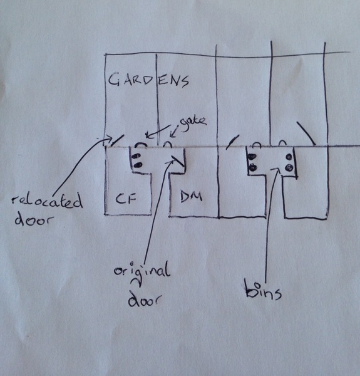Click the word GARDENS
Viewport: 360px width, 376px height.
(x=148, y=80)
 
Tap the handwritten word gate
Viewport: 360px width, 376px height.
(x=193, y=121)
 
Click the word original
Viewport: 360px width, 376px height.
(x=141, y=272)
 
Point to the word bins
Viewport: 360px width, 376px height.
(x=263, y=291)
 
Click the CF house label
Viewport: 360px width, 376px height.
(x=126, y=198)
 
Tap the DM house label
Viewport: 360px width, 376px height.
(x=191, y=197)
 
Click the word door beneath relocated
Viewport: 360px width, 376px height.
(x=33, y=220)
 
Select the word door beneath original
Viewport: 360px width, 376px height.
(x=145, y=299)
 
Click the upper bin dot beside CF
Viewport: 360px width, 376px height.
(x=136, y=156)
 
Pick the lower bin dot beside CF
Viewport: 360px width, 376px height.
(x=138, y=165)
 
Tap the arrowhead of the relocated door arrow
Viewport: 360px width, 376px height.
(x=109, y=138)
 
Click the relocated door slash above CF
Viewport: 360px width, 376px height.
(x=117, y=140)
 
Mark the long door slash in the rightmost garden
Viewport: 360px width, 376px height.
(x=306, y=133)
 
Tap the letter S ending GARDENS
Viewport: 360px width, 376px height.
(x=184, y=81)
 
